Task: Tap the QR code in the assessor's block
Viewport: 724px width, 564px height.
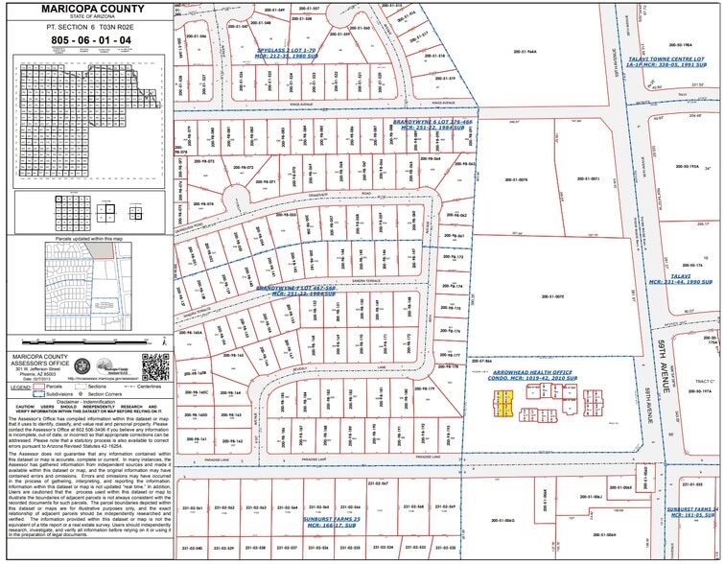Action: tap(155, 366)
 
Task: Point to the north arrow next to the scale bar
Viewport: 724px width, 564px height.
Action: tap(164, 339)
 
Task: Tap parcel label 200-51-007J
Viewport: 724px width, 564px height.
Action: tap(587, 178)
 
